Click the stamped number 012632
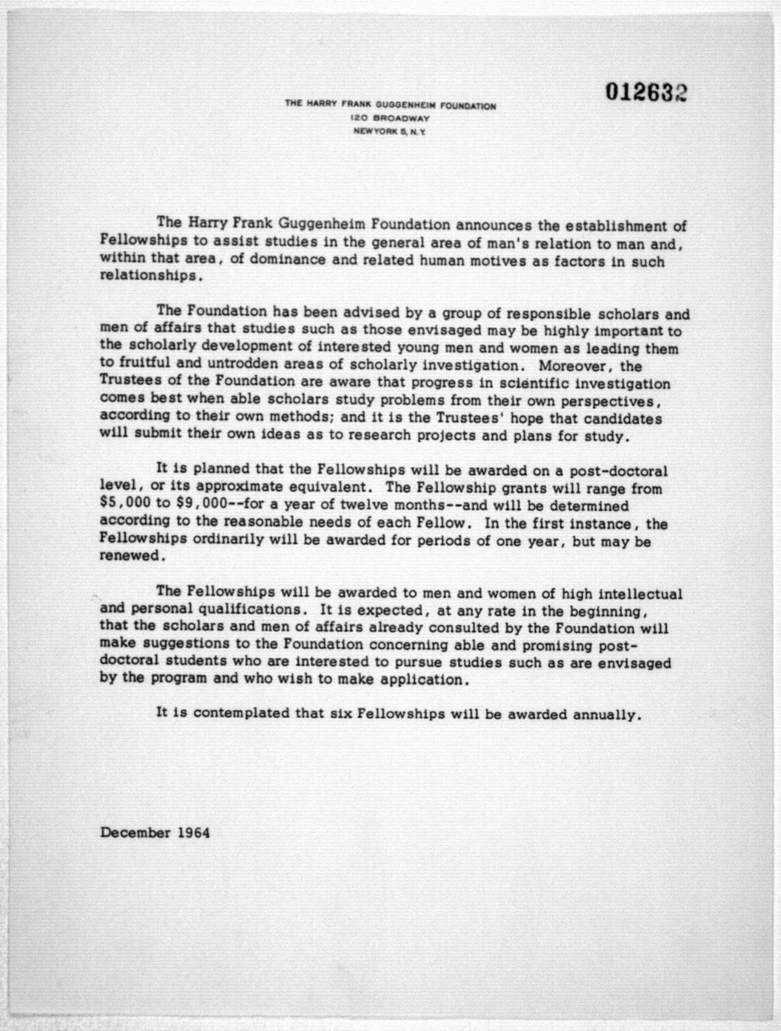647,92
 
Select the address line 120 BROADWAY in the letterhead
390,119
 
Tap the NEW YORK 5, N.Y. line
390,132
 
